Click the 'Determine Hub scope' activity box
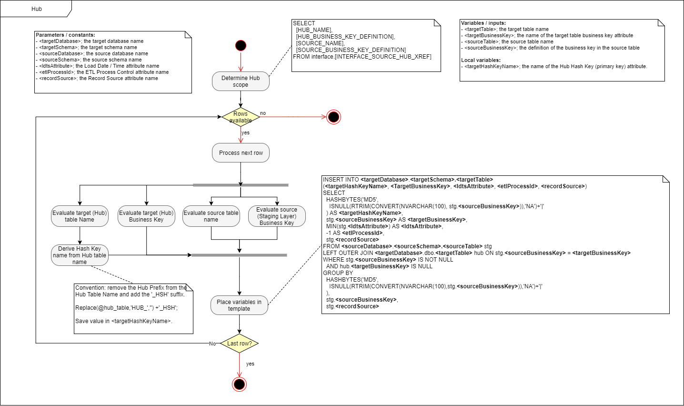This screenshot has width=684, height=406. (241, 81)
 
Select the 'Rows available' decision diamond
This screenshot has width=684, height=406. (241, 117)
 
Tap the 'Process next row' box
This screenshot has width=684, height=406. (241, 153)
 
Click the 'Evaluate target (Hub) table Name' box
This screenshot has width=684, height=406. (80, 216)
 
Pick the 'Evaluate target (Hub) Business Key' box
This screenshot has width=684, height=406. (146, 216)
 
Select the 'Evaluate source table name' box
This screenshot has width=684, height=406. (211, 216)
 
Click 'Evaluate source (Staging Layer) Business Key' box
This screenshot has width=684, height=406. (277, 216)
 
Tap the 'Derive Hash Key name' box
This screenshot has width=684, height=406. (80, 255)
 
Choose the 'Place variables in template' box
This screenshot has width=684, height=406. (239, 305)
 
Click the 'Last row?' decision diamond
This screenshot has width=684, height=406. (239, 344)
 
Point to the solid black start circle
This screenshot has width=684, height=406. (241, 46)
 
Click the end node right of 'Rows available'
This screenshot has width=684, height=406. (333, 117)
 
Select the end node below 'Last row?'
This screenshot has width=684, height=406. (239, 384)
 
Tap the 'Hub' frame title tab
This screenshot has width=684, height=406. (37, 9)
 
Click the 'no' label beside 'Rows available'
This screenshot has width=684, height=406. (263, 113)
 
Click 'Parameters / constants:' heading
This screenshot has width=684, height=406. (65, 35)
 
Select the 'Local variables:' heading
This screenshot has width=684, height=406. (481, 60)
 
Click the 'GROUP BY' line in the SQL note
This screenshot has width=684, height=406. (338, 273)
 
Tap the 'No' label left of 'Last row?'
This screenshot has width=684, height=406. (212, 344)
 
